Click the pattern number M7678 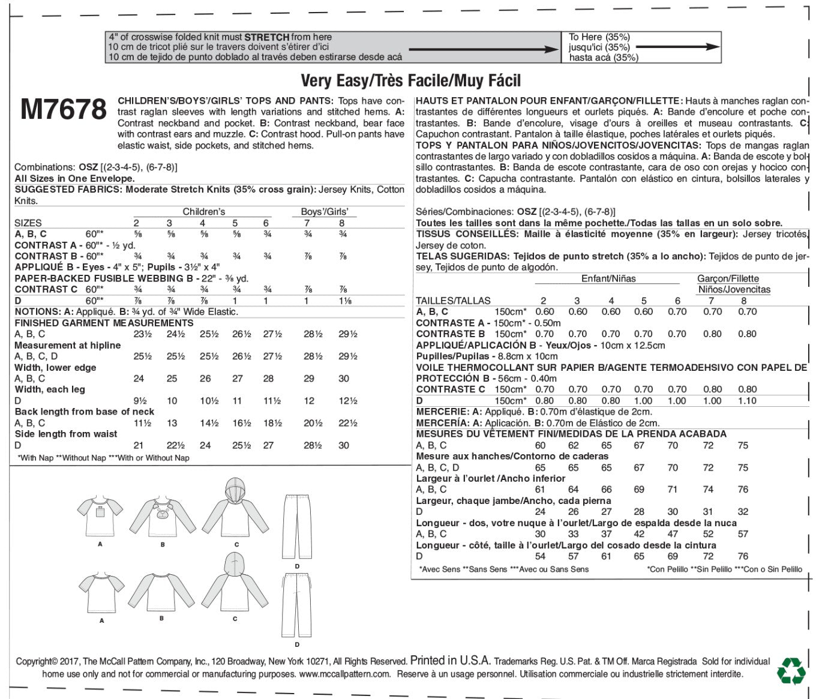pyautogui.click(x=64, y=110)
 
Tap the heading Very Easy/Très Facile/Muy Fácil pyautogui.click(x=410, y=80)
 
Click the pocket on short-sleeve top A pyautogui.click(x=100, y=514)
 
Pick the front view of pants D pyautogui.click(x=297, y=528)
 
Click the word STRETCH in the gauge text pyautogui.click(x=267, y=37)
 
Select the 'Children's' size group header pyautogui.click(x=204, y=212)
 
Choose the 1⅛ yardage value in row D pyautogui.click(x=344, y=301)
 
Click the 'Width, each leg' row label pyautogui.click(x=50, y=389)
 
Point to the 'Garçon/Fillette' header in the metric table pyautogui.click(x=728, y=278)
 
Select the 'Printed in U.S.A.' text pyautogui.click(x=451, y=661)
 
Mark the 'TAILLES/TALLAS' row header pyautogui.click(x=453, y=301)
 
